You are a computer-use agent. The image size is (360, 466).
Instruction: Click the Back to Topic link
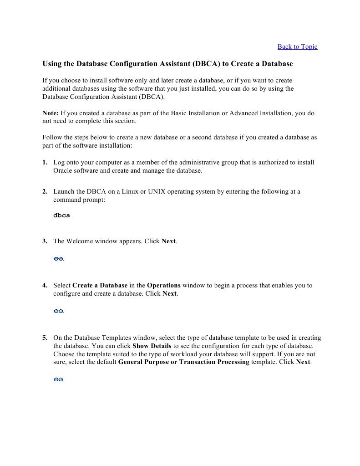click(297, 46)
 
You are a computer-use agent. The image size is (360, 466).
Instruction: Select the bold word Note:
click(51, 113)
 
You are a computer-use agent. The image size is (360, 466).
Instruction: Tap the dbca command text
click(62, 215)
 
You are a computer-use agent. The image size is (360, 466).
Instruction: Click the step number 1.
click(45, 162)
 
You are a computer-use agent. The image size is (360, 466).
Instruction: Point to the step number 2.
click(45, 192)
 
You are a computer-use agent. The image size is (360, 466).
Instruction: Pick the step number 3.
click(45, 241)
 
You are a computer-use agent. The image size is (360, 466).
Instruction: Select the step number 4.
click(45, 286)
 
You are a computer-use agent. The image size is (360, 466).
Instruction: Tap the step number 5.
click(45, 338)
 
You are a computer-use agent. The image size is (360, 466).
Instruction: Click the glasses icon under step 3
click(58, 259)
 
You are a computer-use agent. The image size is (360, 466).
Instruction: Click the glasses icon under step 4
click(58, 311)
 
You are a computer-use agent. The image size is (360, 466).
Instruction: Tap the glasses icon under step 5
click(58, 379)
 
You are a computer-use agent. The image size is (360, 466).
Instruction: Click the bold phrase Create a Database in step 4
click(100, 286)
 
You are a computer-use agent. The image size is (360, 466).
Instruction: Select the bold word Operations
click(163, 286)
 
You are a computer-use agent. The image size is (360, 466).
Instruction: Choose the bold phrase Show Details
click(152, 346)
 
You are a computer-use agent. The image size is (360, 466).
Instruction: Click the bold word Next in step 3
click(168, 241)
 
